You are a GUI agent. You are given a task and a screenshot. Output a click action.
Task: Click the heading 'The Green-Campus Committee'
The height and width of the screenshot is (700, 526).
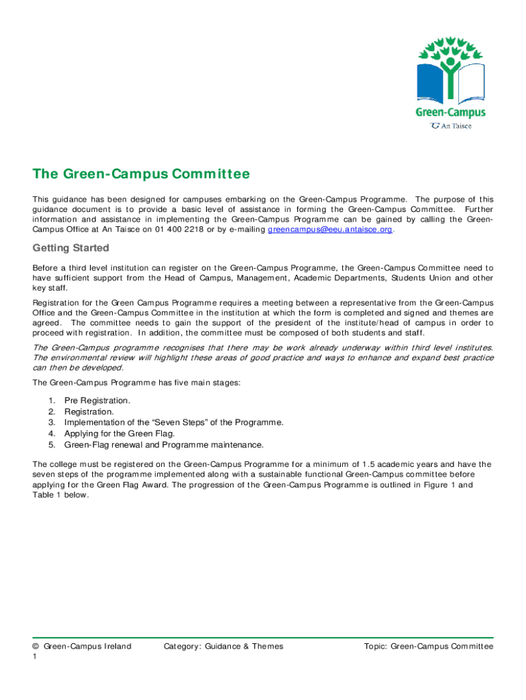point(141,174)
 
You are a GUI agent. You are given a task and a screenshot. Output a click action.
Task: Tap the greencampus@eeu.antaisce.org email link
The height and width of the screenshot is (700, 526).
point(330,230)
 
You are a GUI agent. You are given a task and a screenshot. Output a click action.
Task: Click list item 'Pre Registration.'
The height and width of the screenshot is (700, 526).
point(97,400)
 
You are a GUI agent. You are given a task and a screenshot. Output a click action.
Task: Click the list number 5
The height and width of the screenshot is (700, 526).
point(52,444)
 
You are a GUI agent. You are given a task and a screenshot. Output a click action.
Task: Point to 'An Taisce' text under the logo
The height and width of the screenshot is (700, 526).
point(456,126)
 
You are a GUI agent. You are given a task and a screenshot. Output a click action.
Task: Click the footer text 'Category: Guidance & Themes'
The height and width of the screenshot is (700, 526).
point(223,646)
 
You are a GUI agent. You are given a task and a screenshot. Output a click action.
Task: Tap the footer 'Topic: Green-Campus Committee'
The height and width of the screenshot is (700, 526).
point(428,646)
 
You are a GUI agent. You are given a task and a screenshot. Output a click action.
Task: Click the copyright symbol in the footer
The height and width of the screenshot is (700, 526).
point(36,646)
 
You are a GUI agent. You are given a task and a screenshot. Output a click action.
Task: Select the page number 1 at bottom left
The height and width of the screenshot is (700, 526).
point(36,656)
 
